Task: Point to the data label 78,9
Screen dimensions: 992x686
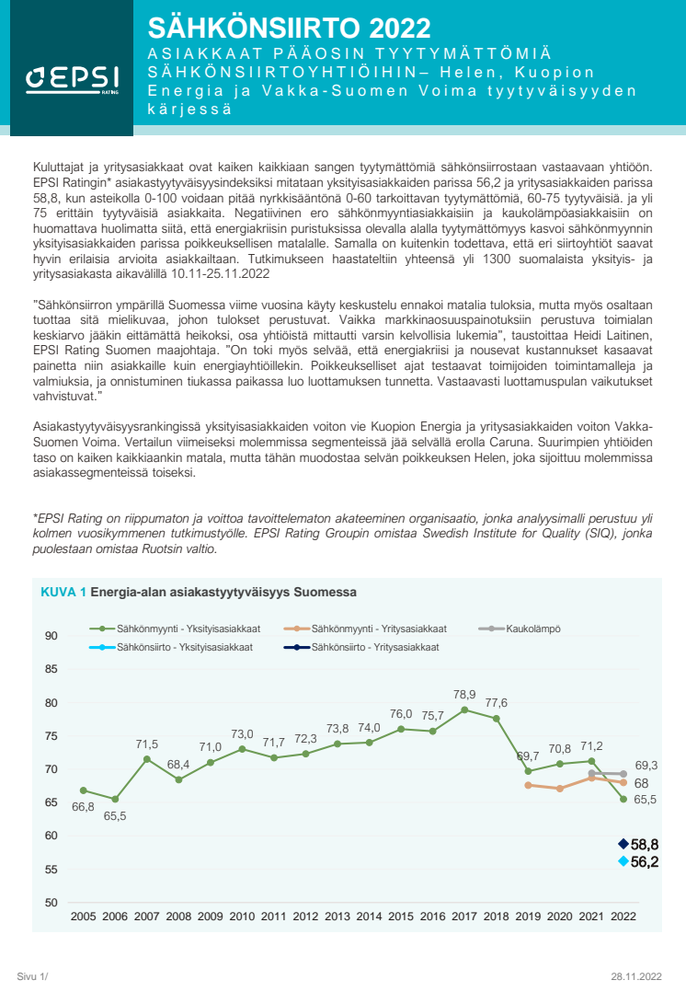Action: [x=464, y=695]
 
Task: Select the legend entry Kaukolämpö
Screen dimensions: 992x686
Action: [x=532, y=629]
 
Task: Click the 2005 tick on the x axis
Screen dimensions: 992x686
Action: [x=83, y=917]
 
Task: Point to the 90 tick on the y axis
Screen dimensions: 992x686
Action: [x=51, y=636]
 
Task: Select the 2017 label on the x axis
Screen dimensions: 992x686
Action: [x=464, y=917]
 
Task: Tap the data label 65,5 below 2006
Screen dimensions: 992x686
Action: [x=115, y=815]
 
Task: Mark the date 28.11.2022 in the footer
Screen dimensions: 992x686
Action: [x=635, y=975]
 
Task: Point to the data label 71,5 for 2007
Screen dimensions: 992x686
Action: [x=147, y=744]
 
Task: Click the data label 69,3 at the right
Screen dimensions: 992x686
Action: [x=646, y=765]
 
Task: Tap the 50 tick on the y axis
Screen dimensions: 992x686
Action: [x=51, y=903]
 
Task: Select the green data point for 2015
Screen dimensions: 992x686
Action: [x=401, y=729]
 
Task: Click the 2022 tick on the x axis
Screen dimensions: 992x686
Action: [x=623, y=917]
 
